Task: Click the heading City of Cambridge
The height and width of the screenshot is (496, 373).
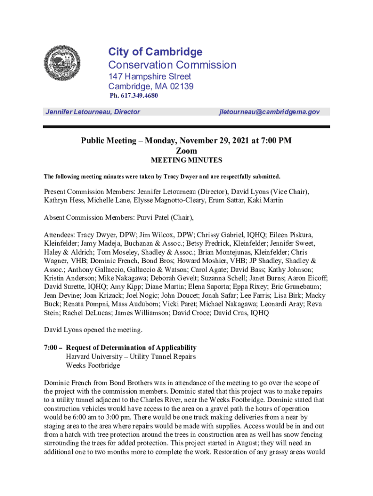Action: point(155,52)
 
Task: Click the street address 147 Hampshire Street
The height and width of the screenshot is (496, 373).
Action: point(150,77)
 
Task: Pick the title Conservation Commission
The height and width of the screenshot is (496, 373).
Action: point(172,65)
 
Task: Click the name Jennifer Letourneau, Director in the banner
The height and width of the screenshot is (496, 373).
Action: point(93,112)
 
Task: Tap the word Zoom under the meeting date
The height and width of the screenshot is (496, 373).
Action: point(186,151)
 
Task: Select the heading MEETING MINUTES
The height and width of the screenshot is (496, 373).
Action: point(186,160)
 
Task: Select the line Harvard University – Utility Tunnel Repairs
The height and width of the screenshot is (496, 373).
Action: point(131,356)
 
